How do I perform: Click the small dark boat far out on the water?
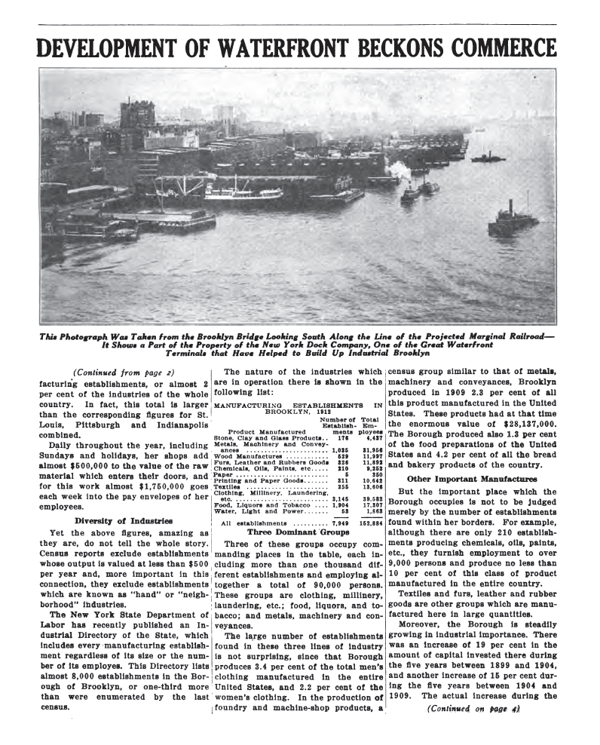488,158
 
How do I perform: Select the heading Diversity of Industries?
124,520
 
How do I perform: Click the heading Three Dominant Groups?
298,531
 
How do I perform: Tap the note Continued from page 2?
123,371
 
